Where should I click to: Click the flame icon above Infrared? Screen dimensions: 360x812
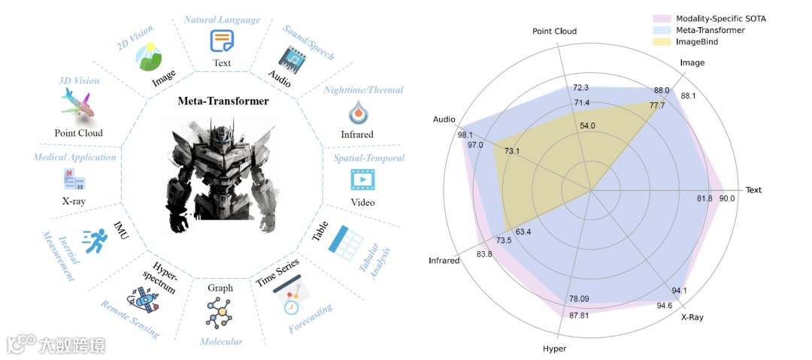[x=356, y=113]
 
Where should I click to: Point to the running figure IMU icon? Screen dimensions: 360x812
[x=96, y=242]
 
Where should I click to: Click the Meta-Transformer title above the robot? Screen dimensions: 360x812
[x=223, y=101]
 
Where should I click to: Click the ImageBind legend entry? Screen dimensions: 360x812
[x=695, y=42]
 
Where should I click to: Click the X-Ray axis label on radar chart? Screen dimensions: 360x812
[x=692, y=317]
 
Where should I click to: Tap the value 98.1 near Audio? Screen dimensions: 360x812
[x=444, y=135]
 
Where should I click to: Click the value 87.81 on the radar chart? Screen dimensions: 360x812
[x=579, y=315]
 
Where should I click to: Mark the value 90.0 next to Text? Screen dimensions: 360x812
[x=727, y=198]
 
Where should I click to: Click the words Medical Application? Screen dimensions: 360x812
[x=74, y=157]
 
